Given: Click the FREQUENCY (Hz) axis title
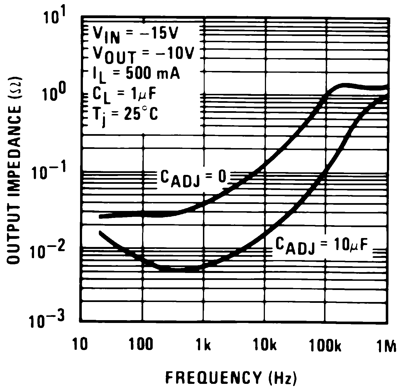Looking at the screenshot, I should (231, 378).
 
